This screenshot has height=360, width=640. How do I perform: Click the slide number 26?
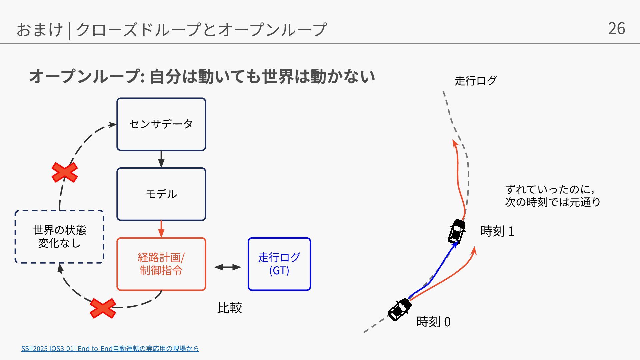(616, 29)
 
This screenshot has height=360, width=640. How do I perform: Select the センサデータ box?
(161, 124)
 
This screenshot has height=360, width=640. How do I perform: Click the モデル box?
(161, 194)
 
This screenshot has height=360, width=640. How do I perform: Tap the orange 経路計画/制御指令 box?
(161, 264)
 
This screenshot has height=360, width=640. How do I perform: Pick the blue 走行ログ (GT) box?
(279, 264)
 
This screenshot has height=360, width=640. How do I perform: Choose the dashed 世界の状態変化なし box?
(59, 237)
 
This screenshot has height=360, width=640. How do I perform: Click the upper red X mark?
(65, 172)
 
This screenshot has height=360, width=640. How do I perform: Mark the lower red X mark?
(103, 308)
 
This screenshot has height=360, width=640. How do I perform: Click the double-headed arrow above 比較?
(227, 267)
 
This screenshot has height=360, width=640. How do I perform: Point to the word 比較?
(229, 308)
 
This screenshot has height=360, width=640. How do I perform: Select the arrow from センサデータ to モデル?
(161, 159)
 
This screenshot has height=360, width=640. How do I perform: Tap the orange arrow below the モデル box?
(161, 229)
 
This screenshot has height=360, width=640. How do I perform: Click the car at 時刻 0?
(399, 309)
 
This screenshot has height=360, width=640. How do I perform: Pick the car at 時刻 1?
(456, 231)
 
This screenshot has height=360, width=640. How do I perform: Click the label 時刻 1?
(497, 231)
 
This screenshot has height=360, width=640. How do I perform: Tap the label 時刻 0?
(433, 322)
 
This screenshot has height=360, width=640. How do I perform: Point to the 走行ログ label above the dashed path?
(475, 81)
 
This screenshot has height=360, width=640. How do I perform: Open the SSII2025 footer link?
(110, 349)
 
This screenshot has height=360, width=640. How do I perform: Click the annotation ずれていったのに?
(550, 189)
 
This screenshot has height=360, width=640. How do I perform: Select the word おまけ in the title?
(39, 29)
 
